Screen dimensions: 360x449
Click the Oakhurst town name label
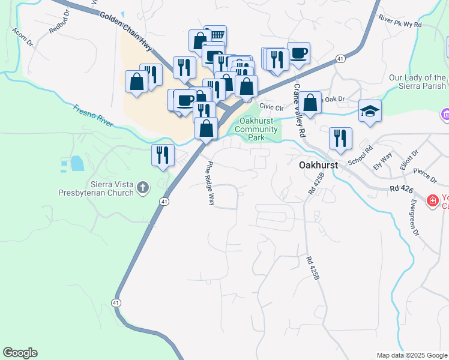[319, 164]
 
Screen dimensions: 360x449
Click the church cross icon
[143, 188]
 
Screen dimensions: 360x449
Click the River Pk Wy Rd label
[400, 26]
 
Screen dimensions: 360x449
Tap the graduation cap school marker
[370, 110]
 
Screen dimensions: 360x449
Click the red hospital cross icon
[432, 201]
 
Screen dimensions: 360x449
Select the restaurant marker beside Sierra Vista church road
[163, 155]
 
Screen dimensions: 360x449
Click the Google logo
[20, 353]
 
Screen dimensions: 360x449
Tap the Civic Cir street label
[271, 107]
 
